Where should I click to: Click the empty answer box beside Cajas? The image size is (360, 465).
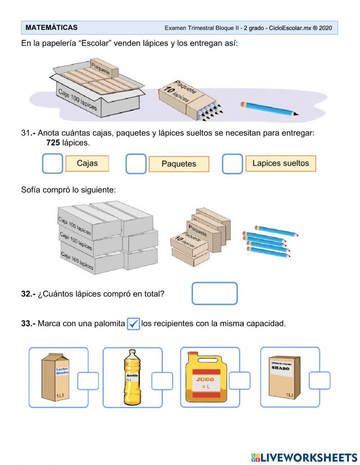point(53,164)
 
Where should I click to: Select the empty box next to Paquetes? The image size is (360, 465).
point(136,164)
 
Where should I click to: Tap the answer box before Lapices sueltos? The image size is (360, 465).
point(232,164)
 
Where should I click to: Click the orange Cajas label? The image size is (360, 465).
point(87,164)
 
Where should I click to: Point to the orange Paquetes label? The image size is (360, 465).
point(179,164)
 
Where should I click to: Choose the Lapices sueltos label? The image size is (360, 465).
point(280,164)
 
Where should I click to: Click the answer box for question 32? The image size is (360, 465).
point(215,294)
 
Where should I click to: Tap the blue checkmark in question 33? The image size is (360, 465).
point(134,324)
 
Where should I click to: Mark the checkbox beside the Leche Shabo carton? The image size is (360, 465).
point(88,381)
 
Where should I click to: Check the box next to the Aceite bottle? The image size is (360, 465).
point(162,381)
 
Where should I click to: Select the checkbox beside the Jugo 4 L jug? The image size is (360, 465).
point(239,381)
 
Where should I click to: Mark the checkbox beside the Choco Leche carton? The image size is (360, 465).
point(319,381)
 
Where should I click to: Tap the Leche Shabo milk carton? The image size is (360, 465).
point(55,377)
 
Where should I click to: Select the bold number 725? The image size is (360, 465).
point(53,143)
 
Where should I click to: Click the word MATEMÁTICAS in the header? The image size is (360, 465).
point(51,28)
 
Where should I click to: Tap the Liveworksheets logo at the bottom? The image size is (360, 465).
point(304,457)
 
